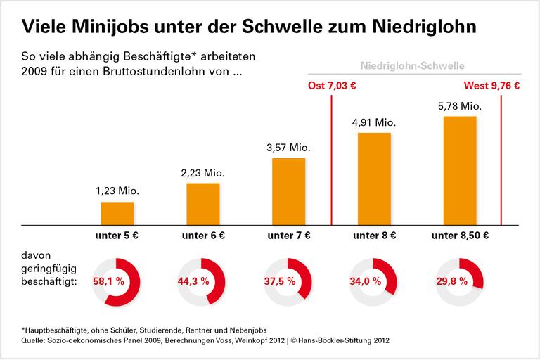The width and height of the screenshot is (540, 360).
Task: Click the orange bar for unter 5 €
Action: tap(117, 212)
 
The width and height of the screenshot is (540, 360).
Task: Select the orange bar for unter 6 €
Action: tap(203, 203)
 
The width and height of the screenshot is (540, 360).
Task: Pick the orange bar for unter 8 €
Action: tap(375, 178)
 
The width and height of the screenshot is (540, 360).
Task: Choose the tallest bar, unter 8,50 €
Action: tap(460, 170)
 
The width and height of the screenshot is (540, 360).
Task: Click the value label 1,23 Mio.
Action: tap(117, 190)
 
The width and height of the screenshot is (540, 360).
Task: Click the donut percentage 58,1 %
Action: tap(109, 282)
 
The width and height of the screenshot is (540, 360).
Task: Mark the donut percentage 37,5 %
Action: tap(280, 282)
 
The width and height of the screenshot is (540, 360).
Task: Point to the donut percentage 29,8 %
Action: tap(451, 282)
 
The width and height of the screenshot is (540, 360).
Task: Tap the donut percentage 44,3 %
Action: tap(195, 282)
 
